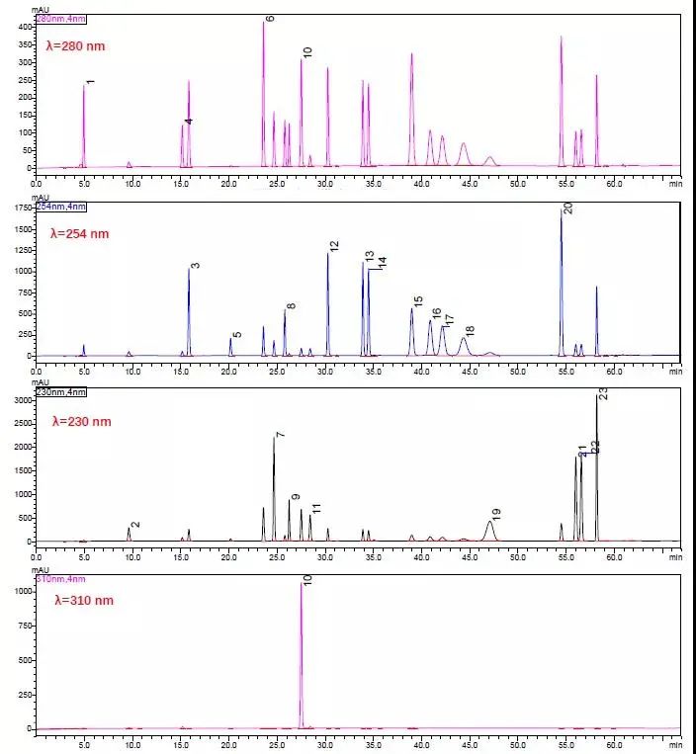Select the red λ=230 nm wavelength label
pos(82,421)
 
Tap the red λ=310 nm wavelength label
pos(84,600)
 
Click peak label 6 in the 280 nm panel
pos(270,19)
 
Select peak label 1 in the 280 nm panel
pos(91,82)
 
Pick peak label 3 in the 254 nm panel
pos(196,265)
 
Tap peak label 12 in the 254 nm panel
pos(334,246)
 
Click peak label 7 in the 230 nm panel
pos(281,435)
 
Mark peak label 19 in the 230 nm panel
pos(496,513)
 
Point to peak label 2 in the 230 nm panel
pos(135,524)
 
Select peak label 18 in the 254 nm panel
pos(470,330)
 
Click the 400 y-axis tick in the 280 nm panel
pos(25,27)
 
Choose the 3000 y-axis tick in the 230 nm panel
pos(22,399)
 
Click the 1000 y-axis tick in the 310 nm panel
pos(22,591)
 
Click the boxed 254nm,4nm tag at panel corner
pos(60,205)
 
